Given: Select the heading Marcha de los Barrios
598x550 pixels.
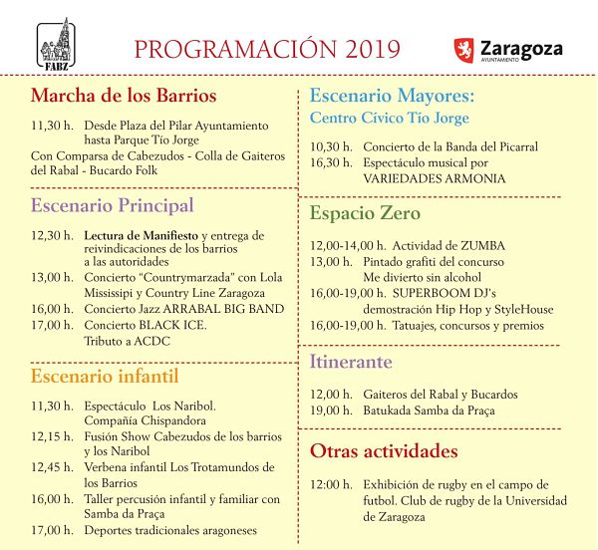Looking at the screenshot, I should pyautogui.click(x=124, y=97).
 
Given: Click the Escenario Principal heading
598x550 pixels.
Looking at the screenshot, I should pyautogui.click(x=112, y=206).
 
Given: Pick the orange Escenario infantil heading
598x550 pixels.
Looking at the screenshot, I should pyautogui.click(x=105, y=376).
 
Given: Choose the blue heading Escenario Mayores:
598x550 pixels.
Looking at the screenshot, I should pyautogui.click(x=392, y=97).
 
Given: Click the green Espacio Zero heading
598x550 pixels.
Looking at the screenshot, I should pyautogui.click(x=365, y=213).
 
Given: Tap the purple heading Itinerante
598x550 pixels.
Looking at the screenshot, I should pyautogui.click(x=351, y=362).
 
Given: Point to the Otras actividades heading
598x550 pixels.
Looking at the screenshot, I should pyautogui.click(x=384, y=450).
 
